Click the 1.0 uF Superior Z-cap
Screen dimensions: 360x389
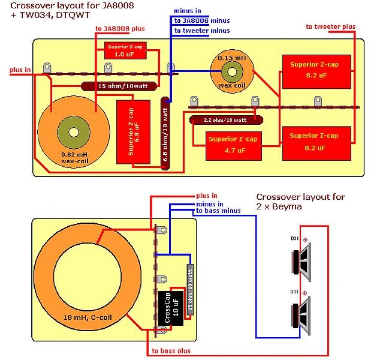(x=124, y=50)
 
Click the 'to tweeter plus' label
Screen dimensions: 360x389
(x=330, y=26)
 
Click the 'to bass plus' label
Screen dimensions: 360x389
(x=171, y=350)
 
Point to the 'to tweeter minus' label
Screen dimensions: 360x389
(x=202, y=30)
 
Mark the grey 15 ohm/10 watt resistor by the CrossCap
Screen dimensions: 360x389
(x=190, y=290)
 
